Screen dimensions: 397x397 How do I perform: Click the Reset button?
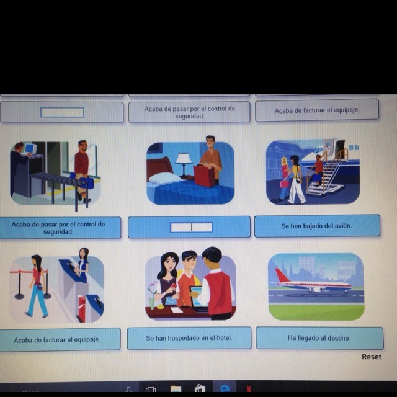[x=371, y=357]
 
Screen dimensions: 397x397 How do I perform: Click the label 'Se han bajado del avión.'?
[x=317, y=226]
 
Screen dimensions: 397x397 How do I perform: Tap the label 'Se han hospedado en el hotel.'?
[x=189, y=338]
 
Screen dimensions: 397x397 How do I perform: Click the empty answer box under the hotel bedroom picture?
[x=191, y=228]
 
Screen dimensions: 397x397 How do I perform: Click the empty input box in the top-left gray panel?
[x=62, y=112]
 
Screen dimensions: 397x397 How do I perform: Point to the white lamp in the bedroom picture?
[x=184, y=164]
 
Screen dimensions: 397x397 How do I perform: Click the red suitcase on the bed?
[x=204, y=176]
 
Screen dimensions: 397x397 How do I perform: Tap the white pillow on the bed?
[x=164, y=178]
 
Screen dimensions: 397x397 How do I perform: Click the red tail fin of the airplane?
[x=282, y=275]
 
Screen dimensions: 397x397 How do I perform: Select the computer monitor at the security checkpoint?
[x=30, y=148]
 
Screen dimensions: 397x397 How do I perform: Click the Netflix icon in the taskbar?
[x=249, y=389]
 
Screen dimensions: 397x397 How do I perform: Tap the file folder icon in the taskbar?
[x=176, y=389]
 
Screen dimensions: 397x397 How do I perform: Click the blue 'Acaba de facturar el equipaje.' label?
[x=57, y=340]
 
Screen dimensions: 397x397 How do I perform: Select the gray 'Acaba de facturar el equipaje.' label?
[x=317, y=110]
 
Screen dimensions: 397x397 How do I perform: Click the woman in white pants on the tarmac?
[x=297, y=179]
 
